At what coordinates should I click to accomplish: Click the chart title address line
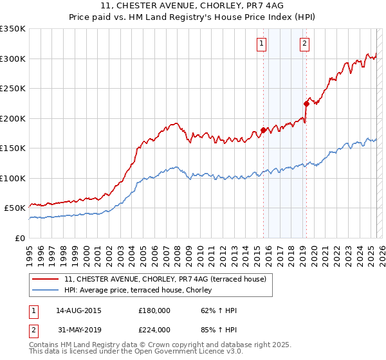(x=193, y=5)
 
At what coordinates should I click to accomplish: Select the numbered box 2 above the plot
(x=304, y=44)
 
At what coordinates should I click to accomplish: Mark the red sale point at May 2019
(x=306, y=104)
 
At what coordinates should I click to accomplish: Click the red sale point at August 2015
(x=263, y=130)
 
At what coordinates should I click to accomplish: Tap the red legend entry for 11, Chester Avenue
(x=169, y=279)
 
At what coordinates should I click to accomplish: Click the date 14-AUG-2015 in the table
(x=78, y=310)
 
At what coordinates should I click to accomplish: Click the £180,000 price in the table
(x=154, y=310)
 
